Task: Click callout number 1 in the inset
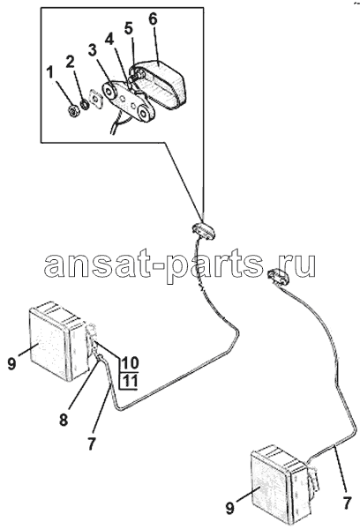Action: [x=50, y=72]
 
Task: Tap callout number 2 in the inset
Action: [x=70, y=62]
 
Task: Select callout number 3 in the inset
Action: [x=92, y=50]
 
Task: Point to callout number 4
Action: [x=109, y=41]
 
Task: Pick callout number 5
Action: [x=128, y=29]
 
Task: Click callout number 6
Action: [x=153, y=19]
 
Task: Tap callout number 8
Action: [x=64, y=420]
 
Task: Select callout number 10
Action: [x=130, y=362]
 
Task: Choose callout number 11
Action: [x=130, y=381]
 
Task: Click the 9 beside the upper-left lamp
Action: [x=11, y=364]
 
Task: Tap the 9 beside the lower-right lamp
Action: [x=229, y=509]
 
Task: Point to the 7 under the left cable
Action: [x=92, y=443]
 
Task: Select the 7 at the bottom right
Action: [x=347, y=503]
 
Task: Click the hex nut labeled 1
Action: [x=73, y=111]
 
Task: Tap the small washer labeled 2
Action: [x=86, y=104]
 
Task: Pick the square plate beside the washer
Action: [x=96, y=101]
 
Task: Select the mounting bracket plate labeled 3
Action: [x=129, y=101]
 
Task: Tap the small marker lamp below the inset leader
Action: [x=204, y=232]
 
